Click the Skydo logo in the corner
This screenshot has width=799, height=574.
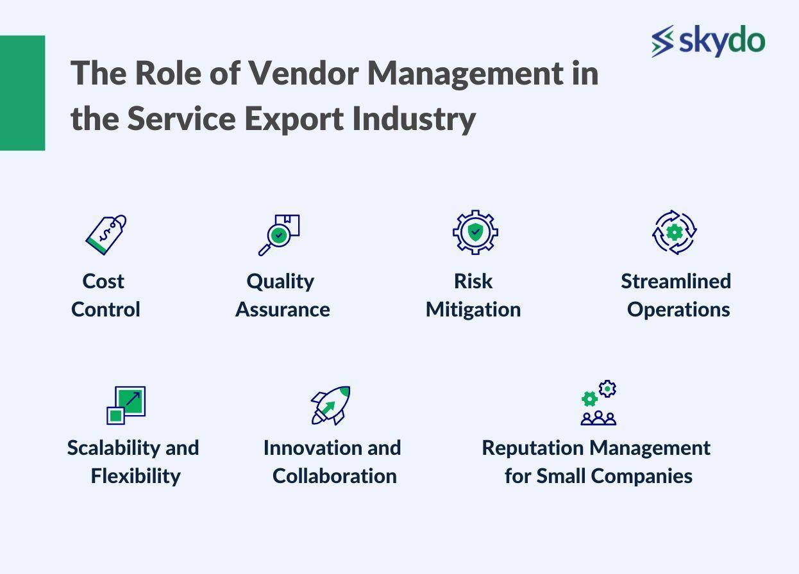point(709,41)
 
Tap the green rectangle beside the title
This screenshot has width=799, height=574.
point(22,93)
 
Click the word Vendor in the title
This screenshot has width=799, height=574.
point(303,74)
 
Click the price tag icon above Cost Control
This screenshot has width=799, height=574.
point(106,235)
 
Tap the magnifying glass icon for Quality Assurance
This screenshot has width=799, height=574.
point(279,235)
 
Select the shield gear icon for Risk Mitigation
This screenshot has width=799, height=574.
point(475,232)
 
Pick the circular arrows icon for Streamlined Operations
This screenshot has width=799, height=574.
point(675,233)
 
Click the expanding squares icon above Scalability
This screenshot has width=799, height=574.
point(126,406)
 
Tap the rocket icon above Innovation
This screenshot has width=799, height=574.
point(331,406)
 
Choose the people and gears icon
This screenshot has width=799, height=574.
point(598,402)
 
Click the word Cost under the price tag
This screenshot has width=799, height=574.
point(103,281)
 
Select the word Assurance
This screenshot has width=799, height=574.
point(283,309)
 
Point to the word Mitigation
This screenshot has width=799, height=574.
point(473,309)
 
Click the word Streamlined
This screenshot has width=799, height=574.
point(676,281)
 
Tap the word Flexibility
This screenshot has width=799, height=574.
point(135,477)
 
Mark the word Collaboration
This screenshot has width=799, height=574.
point(335,476)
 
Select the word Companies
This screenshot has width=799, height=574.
point(642,477)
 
